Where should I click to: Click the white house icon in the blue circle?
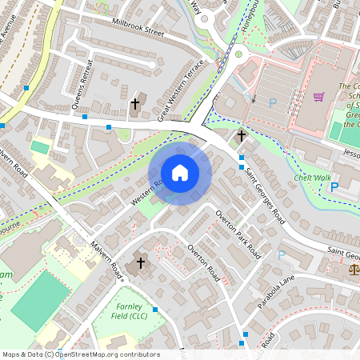coord(180,172)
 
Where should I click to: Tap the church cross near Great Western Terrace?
coord(135,103)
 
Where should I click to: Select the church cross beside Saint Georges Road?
coord(241,136)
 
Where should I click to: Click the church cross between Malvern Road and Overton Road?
coord(142,262)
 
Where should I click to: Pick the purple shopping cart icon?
coord(318,98)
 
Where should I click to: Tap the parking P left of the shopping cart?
coord(273,102)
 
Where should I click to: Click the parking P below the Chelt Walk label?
coord(334,187)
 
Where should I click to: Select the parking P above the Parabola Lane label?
coord(281,254)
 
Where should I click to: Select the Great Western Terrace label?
coord(182,95)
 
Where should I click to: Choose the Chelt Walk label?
coord(311,177)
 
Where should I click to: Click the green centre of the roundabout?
coord(238,55)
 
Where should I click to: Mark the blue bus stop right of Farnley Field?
coord(156,309)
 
